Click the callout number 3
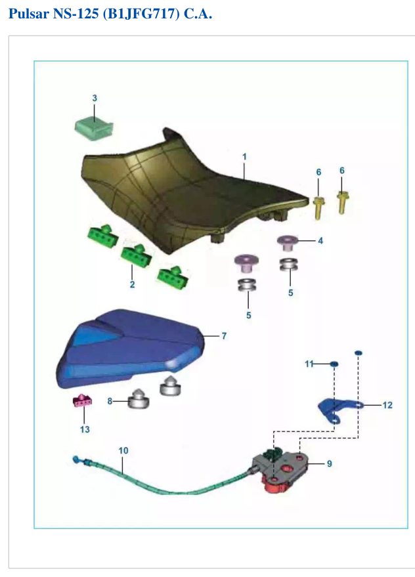tap(95, 98)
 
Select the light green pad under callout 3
tap(95, 128)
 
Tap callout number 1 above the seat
tap(244, 157)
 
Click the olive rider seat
tap(192, 192)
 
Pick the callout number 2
tap(132, 284)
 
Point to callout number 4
tap(320, 241)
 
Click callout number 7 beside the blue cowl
tap(224, 335)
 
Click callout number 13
tap(85, 429)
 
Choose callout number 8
tap(110, 400)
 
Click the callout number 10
tap(123, 450)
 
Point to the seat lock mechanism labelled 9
tap(282, 471)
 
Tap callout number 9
tap(329, 463)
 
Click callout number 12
tap(387, 405)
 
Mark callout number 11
tap(309, 364)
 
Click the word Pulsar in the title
tap(29, 14)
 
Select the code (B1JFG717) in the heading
tap(141, 14)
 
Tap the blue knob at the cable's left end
tap(76, 459)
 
